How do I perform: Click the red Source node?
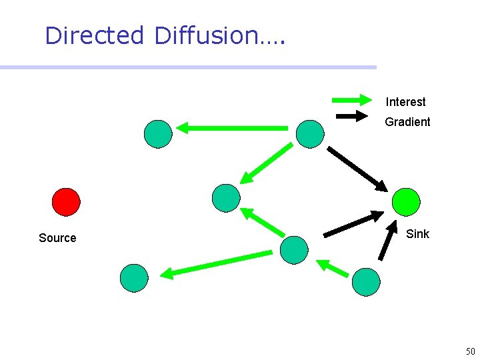click(x=66, y=202)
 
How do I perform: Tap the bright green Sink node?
click(x=406, y=201)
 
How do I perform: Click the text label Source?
click(x=57, y=238)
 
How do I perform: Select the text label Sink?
click(x=417, y=234)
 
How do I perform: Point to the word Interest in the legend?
click(x=405, y=102)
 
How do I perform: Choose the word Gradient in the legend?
click(x=407, y=122)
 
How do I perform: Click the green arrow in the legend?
click(x=351, y=101)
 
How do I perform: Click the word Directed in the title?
click(x=94, y=35)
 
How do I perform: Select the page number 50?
click(x=470, y=351)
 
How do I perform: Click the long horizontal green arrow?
click(x=232, y=127)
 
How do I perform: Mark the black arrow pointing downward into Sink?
click(x=358, y=169)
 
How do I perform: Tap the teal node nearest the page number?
click(x=366, y=282)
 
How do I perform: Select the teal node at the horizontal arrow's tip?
click(x=158, y=134)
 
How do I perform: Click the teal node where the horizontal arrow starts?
click(x=310, y=134)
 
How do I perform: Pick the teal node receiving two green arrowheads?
click(x=225, y=198)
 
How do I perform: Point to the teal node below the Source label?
click(x=134, y=278)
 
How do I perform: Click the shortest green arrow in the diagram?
click(x=332, y=268)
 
